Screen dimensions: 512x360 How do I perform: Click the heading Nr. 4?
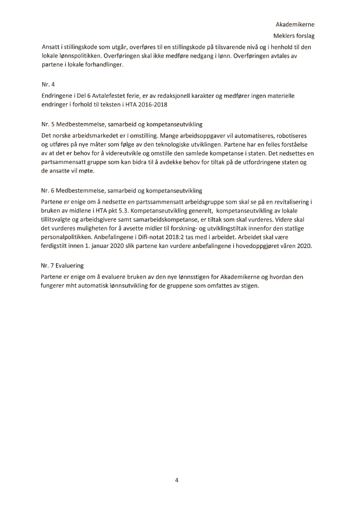(48, 85)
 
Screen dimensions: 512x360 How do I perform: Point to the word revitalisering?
(291, 203)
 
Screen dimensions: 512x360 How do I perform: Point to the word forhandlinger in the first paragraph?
(104, 65)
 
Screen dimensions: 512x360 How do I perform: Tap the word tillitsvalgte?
(60, 220)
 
